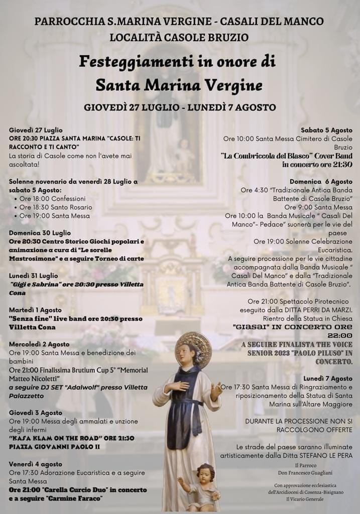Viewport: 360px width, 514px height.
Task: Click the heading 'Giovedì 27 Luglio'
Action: pyautogui.click(x=36, y=130)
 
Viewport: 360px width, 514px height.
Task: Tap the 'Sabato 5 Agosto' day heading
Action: pyautogui.click(x=326, y=130)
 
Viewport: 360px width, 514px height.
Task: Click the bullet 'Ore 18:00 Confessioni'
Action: pyautogui.click(x=53, y=199)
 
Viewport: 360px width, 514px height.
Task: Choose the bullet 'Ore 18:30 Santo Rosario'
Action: pyautogui.click(x=56, y=207)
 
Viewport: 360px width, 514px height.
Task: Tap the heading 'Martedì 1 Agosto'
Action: pyautogui.click(x=35, y=310)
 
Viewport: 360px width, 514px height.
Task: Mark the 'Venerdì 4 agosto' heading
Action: pyautogui.click(x=36, y=464)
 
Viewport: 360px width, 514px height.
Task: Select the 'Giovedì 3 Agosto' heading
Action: pyautogui.click(x=35, y=413)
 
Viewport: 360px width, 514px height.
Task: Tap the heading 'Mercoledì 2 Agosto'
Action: pyautogui.click(x=39, y=344)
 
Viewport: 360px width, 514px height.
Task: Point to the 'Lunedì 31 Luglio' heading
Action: pyautogui.click(x=33, y=276)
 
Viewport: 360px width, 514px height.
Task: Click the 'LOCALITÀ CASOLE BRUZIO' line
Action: pyautogui.click(x=179, y=37)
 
